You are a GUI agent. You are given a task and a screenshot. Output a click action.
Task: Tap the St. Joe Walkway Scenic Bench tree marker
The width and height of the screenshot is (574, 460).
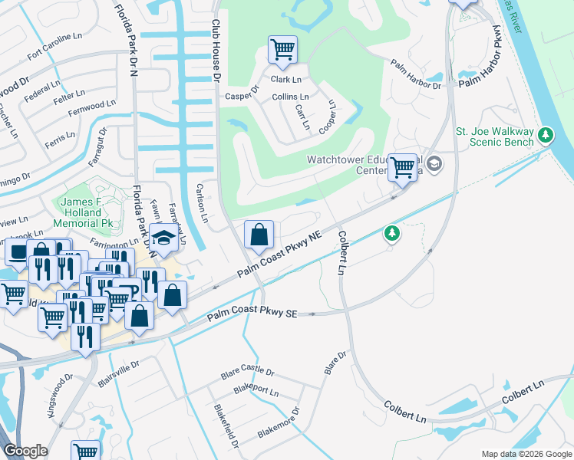(x=546, y=136)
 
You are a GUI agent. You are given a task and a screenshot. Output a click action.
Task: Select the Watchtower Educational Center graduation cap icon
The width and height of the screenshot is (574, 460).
(x=434, y=163)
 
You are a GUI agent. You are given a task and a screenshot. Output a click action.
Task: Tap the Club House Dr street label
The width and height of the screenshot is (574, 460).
(x=216, y=51)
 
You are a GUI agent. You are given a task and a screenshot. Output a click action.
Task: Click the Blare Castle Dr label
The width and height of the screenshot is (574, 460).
(x=247, y=373)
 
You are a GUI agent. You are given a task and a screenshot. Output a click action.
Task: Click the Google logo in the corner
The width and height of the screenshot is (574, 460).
(x=25, y=451)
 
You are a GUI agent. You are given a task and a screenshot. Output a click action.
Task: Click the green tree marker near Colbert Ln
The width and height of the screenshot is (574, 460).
(x=392, y=233)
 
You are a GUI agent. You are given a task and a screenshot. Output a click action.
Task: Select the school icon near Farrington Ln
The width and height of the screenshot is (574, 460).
(x=164, y=238)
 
